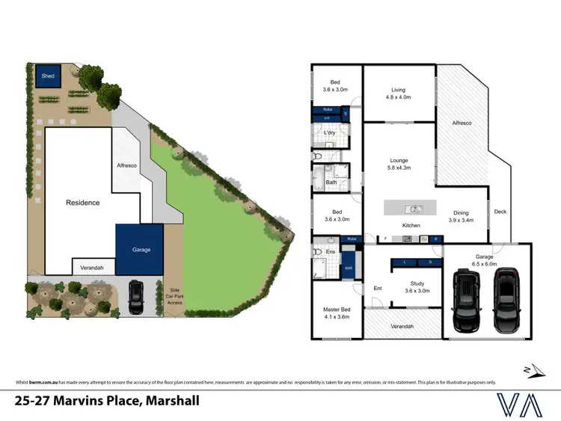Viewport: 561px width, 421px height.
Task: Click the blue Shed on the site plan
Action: click(x=48, y=76)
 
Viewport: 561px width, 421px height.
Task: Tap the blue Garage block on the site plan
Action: click(x=139, y=249)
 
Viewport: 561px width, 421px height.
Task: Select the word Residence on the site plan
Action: click(x=82, y=203)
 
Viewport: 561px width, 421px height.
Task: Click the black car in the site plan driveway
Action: click(x=136, y=298)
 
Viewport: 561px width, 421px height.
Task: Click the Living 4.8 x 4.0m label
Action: click(x=397, y=93)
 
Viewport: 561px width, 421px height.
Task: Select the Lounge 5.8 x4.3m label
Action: click(x=398, y=164)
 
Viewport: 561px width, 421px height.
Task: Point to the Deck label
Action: click(x=500, y=212)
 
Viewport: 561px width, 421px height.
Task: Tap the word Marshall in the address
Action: click(x=173, y=401)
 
